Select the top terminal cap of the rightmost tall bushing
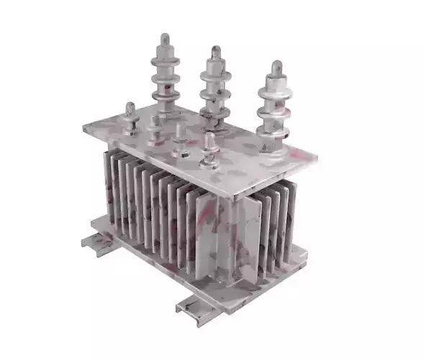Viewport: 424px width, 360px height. [x=274, y=68]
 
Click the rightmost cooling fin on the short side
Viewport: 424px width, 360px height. [x=292, y=216]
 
